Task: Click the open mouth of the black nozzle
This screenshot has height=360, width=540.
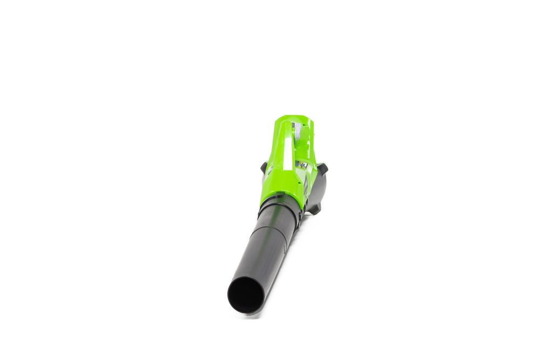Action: click(246, 295)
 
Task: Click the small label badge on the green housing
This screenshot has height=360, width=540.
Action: click(301, 164)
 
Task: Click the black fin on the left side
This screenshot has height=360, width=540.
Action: click(264, 167)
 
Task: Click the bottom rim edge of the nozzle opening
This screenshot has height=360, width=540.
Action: click(246, 312)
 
